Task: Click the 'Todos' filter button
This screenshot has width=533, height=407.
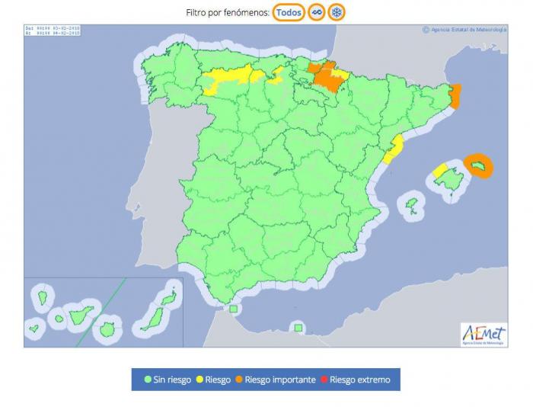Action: (x=289, y=12)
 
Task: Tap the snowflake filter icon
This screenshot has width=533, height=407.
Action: (x=337, y=12)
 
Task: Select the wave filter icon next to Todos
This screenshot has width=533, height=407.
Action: (x=316, y=12)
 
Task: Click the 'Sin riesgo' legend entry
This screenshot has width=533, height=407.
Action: (x=168, y=380)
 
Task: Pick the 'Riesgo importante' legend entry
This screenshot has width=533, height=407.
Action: (x=274, y=380)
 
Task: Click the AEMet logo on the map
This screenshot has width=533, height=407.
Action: (x=483, y=334)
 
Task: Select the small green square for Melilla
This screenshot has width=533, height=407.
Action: (x=298, y=328)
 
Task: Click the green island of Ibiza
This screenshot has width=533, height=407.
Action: (x=413, y=204)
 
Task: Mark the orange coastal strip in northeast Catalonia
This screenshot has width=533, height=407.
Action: (x=456, y=97)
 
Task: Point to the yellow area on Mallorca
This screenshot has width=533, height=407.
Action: (x=441, y=170)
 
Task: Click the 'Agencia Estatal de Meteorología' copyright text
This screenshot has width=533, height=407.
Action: (x=464, y=30)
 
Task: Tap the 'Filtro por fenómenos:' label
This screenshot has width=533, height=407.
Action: (x=228, y=13)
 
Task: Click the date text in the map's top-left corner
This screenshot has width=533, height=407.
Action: (x=53, y=30)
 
